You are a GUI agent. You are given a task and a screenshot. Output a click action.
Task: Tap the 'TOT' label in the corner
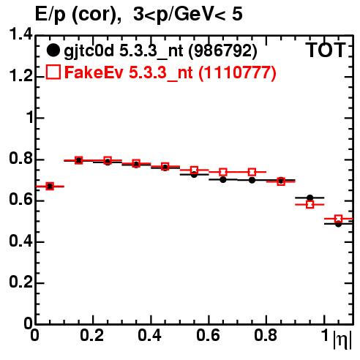[x=326, y=50]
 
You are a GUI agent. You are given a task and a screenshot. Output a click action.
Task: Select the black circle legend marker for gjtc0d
[x=53, y=50]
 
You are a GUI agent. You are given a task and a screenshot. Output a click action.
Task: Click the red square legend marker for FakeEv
[x=53, y=72]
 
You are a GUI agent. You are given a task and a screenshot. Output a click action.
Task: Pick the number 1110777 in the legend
[x=237, y=72]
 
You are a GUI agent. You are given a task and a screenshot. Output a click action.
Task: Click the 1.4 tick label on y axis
[x=20, y=34]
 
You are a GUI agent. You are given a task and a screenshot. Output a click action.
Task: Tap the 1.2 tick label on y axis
[x=20, y=75]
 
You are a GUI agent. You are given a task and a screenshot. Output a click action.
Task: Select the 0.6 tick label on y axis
[x=20, y=200]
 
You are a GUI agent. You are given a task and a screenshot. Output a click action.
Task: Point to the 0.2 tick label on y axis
[x=20, y=282]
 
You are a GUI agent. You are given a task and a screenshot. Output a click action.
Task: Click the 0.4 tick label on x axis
[x=149, y=336]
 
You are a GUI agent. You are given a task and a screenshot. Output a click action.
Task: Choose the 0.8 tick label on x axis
[x=266, y=336]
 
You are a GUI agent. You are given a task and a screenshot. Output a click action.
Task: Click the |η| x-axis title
[x=342, y=340]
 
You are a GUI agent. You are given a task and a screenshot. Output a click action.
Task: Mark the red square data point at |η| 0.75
[x=252, y=172]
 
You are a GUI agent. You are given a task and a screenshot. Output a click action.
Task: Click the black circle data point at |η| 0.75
[x=252, y=180]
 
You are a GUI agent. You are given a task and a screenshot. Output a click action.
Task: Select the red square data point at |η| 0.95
[x=310, y=204]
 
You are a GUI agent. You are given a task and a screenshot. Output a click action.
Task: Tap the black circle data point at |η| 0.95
[x=310, y=198]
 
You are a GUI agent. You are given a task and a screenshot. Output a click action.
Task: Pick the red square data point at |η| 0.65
[x=223, y=172]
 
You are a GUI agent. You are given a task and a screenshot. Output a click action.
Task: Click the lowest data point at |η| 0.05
[x=50, y=187]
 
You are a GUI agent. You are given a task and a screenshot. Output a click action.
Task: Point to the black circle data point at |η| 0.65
[x=223, y=180]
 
